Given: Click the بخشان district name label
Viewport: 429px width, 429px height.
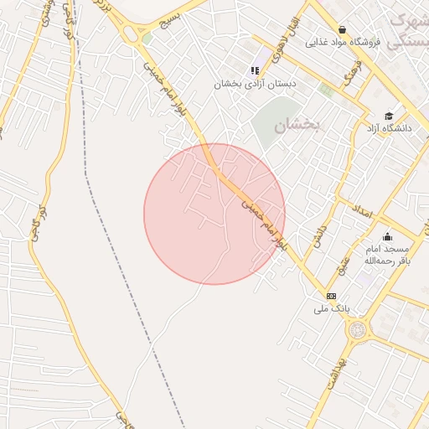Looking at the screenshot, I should coord(297,124).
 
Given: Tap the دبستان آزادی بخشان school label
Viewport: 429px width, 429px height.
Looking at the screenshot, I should coord(255,84).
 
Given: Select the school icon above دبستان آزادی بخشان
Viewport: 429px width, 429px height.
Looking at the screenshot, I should coord(255,70).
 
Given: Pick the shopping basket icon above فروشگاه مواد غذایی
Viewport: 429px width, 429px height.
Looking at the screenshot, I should coord(342,28).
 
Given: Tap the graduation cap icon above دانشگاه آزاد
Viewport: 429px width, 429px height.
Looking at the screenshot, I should coord(388,116).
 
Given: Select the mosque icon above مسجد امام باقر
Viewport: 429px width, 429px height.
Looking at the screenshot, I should coord(386,237).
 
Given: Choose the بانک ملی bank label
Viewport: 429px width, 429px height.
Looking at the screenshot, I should coord(331,308).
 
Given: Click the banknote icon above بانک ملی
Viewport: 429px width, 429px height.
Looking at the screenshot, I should coord(331,296).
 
